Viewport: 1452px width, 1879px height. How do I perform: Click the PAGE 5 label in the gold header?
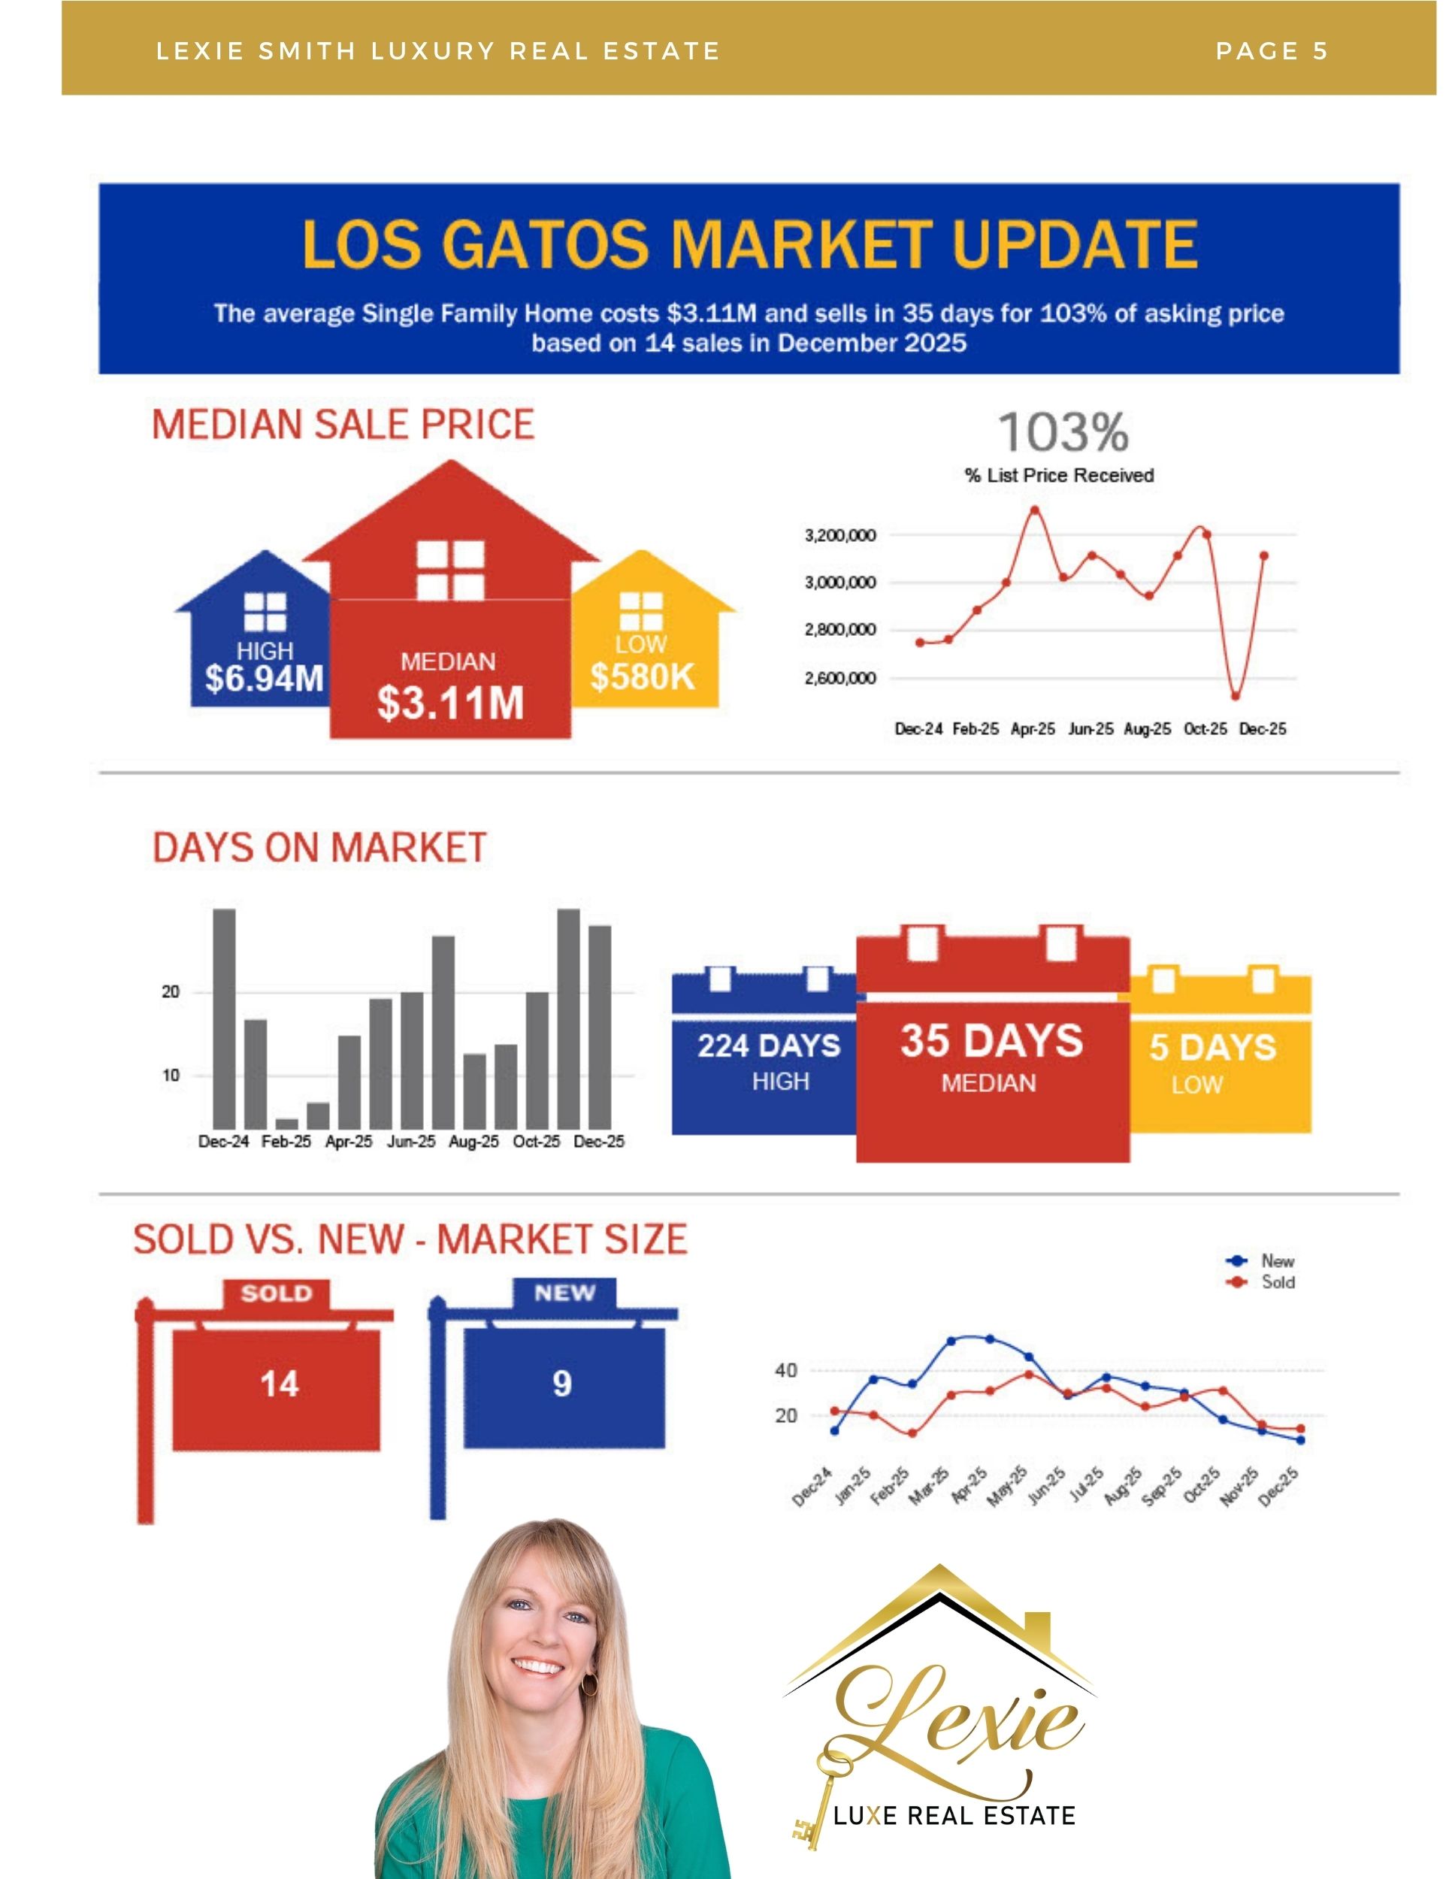click(1272, 51)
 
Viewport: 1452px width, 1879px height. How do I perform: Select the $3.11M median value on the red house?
click(450, 702)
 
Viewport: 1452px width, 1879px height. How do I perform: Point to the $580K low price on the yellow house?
click(642, 676)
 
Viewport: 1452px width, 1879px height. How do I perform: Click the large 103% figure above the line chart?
click(1063, 432)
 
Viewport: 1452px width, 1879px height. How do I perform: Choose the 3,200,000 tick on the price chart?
click(839, 535)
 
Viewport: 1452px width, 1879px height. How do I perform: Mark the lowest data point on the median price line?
click(1236, 696)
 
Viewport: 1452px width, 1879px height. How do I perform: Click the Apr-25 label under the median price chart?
click(1032, 729)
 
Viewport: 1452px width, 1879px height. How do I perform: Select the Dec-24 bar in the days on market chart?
click(224, 1018)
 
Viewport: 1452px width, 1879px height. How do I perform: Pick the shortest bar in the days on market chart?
click(286, 1124)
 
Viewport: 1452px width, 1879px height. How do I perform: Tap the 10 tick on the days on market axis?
click(171, 1076)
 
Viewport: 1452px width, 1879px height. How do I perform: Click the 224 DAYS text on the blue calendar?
click(768, 1045)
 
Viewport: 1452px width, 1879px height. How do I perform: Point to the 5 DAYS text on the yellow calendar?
click(1212, 1047)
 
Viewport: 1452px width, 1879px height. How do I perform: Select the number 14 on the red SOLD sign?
click(279, 1384)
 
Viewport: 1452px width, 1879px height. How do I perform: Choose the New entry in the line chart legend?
click(1277, 1260)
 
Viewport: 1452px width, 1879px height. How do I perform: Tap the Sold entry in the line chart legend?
click(1277, 1282)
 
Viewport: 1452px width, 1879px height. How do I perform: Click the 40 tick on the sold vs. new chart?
click(785, 1370)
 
